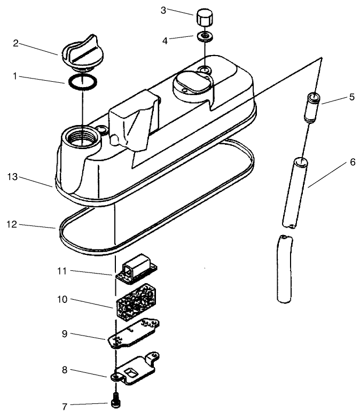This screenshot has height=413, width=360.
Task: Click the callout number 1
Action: point(17,76)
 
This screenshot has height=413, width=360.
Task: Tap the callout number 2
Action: point(17,43)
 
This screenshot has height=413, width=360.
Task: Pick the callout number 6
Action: point(353,162)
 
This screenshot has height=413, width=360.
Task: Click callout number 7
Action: point(65,407)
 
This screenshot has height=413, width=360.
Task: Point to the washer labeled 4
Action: point(203,37)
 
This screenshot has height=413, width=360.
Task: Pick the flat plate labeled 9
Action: point(134,334)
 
